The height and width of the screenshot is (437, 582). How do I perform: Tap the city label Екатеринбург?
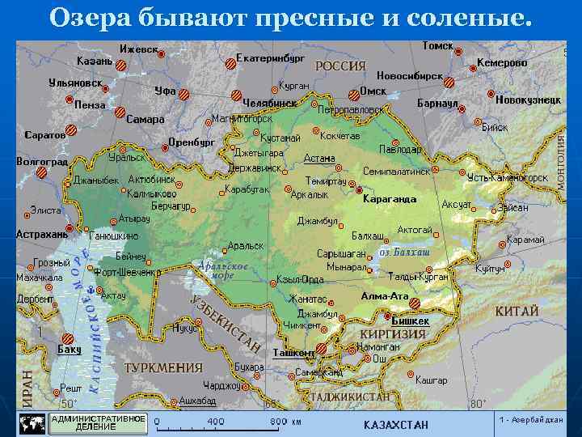(270, 58)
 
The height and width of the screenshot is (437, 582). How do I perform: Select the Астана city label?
(319, 159)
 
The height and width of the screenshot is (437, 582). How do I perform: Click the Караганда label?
(390, 198)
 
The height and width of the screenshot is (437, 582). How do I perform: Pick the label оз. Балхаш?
(404, 253)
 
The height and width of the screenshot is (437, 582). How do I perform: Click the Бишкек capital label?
(411, 321)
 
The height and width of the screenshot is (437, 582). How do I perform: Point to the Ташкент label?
(293, 353)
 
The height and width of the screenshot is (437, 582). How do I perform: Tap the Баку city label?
(70, 350)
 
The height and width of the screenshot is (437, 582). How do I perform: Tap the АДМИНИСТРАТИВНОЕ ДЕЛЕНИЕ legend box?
(99, 422)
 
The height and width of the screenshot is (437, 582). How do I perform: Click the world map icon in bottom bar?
(32, 423)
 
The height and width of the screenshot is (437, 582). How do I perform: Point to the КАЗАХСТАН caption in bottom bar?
(396, 425)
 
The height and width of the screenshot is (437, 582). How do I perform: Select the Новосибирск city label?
(409, 75)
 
